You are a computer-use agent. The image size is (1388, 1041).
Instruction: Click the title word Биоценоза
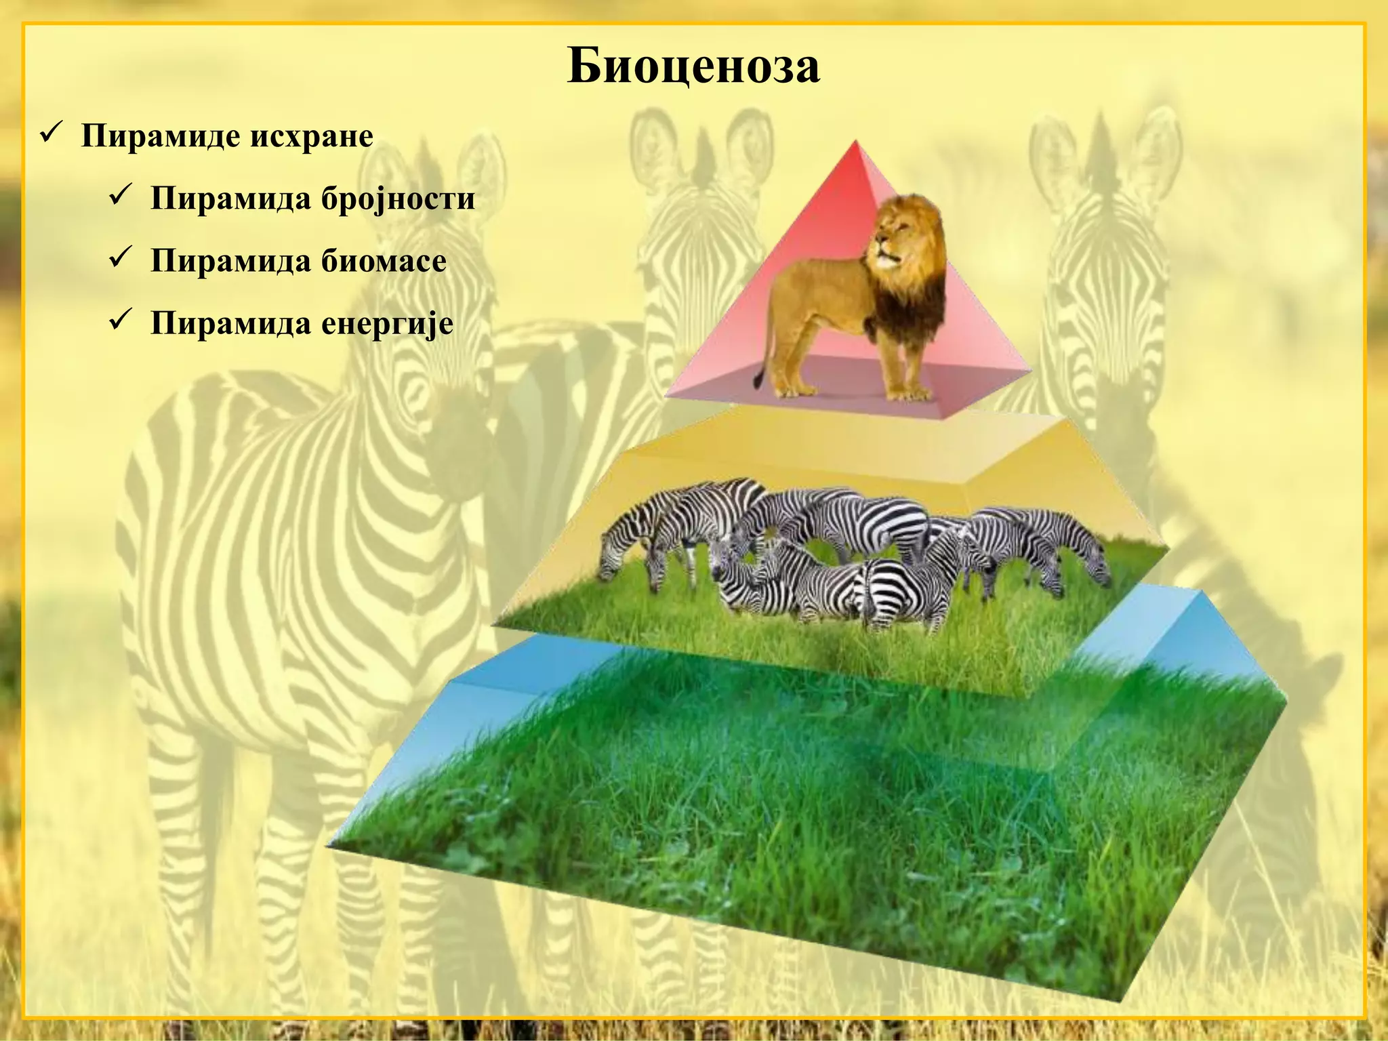point(693,66)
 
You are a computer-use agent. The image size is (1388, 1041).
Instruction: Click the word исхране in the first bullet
point(312,136)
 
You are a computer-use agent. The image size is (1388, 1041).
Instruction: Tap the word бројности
point(398,199)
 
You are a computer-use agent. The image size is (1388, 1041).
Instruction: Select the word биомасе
point(384,261)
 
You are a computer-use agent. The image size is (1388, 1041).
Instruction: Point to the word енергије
point(387,323)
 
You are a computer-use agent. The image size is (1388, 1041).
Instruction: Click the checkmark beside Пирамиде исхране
point(52,132)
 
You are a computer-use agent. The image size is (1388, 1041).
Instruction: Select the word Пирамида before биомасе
point(230,261)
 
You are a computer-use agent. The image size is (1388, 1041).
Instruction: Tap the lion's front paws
point(908,393)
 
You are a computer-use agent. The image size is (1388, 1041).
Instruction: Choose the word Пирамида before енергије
point(230,323)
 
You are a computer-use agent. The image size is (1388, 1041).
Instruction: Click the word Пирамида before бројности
point(230,199)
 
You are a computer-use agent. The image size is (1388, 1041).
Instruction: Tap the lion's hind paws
point(793,391)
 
